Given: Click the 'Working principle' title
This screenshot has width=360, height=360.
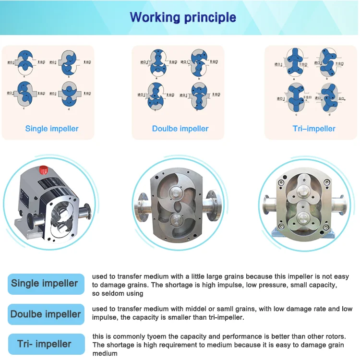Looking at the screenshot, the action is tap(183, 18).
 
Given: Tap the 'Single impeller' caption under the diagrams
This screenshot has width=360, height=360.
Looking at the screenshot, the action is tap(52, 129).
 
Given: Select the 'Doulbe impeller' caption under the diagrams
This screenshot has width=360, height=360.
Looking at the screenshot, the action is tap(180, 129).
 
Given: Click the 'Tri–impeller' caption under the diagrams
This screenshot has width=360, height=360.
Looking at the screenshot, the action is tap(314, 129).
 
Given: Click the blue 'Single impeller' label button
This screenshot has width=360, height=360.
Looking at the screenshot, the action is tap(44, 284).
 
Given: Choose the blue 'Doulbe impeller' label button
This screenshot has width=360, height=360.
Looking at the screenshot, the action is tap(46, 314).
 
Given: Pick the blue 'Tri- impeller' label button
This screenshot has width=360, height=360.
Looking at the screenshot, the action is tap(44, 344).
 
